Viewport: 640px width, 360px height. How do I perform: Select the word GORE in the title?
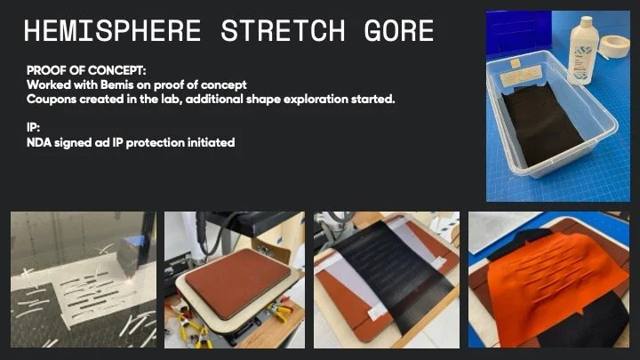tap(398, 33)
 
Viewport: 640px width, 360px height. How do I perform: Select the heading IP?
tap(34, 127)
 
